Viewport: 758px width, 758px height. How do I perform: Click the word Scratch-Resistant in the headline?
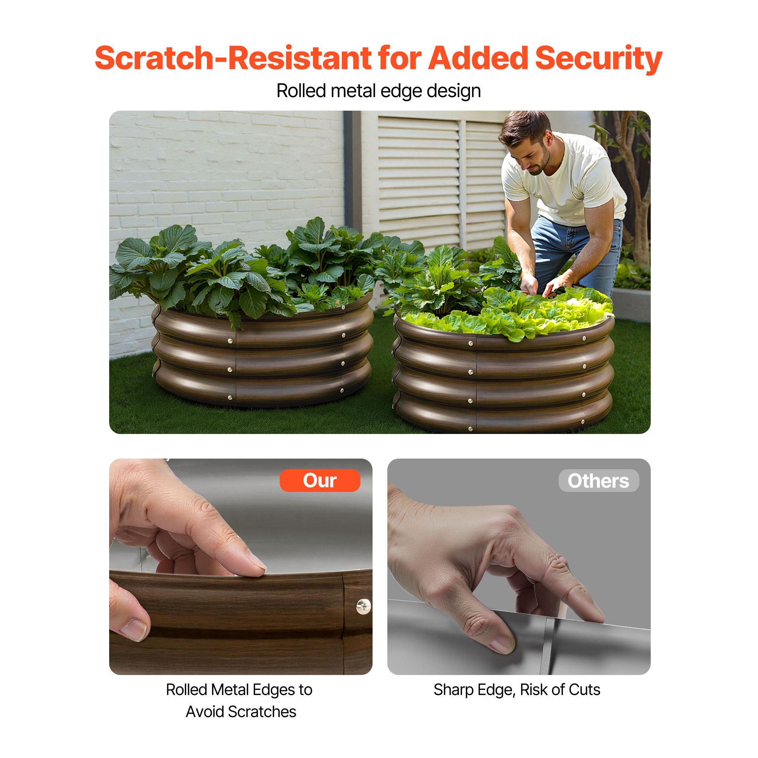click(x=233, y=58)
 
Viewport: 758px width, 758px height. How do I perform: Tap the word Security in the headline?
click(x=599, y=59)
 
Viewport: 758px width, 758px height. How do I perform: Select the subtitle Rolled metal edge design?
click(x=379, y=91)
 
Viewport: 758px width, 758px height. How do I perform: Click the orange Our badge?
click(x=320, y=480)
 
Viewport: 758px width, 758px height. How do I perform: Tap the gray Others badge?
click(x=599, y=481)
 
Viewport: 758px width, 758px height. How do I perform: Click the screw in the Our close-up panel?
click(x=363, y=606)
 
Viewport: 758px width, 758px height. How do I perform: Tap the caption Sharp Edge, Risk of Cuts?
click(x=517, y=690)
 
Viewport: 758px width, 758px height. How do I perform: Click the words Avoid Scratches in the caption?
click(x=241, y=712)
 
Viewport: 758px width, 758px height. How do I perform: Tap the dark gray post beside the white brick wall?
click(x=352, y=172)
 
